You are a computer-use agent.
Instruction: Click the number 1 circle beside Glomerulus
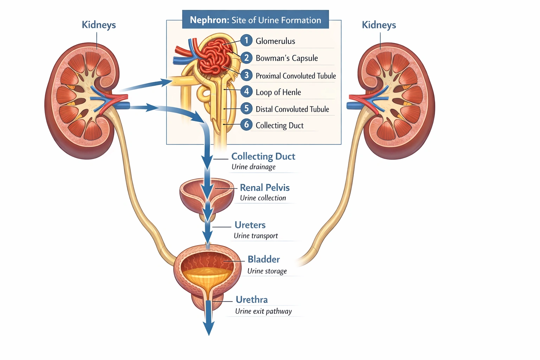[246, 40]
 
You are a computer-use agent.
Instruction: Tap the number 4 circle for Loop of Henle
[246, 92]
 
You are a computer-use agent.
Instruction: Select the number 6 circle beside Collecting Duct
[246, 124]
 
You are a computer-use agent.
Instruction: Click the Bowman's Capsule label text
[287, 58]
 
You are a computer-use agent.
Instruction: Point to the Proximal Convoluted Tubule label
[296, 76]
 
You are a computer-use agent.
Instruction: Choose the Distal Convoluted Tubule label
[292, 109]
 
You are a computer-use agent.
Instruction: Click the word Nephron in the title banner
[210, 20]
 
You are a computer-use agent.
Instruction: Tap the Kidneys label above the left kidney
[99, 25]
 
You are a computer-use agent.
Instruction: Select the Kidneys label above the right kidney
[379, 25]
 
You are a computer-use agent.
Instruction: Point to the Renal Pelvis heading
[265, 187]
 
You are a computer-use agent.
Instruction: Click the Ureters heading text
[250, 225]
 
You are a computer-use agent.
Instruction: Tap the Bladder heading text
[264, 259]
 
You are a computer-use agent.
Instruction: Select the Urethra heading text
[252, 300]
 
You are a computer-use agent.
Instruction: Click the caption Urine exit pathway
[263, 311]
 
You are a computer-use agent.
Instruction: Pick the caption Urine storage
[267, 271]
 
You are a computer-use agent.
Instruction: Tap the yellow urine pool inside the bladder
[207, 276]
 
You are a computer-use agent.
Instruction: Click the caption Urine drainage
[253, 167]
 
